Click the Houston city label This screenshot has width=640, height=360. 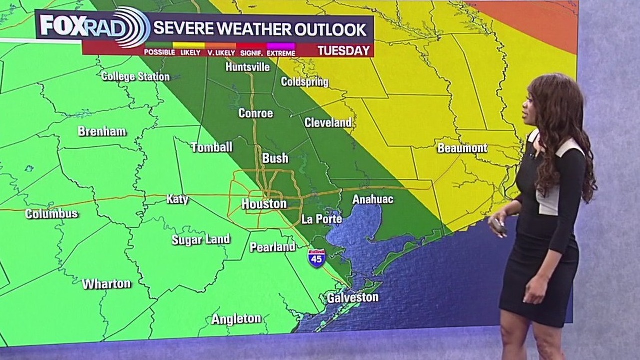(264, 204)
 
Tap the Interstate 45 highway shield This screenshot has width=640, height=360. (316, 258)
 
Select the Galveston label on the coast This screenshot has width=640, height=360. (352, 298)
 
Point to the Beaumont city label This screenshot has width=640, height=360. (462, 148)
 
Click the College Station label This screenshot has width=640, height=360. (135, 77)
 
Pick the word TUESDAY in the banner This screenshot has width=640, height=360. (344, 51)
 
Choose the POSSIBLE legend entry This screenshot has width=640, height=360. (159, 52)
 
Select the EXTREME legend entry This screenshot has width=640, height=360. (280, 52)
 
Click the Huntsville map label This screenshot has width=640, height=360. (247, 67)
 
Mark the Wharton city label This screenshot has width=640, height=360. (106, 284)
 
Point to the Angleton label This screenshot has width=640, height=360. (236, 319)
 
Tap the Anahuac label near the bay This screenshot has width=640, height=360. (372, 199)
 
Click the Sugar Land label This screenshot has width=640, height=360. (201, 239)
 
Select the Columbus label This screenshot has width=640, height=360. (51, 214)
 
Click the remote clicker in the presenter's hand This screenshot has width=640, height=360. (498, 226)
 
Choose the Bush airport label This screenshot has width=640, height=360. (275, 158)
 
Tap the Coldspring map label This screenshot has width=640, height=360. (304, 82)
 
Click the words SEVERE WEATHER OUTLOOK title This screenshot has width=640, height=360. (259, 29)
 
